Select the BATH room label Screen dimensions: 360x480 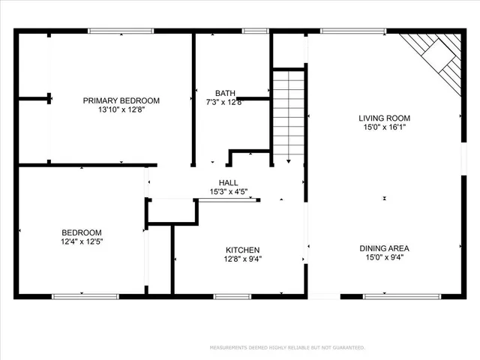225,94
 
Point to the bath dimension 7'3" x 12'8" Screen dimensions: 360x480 225,103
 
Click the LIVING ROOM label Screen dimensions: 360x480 384,118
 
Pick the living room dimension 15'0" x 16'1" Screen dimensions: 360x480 384,127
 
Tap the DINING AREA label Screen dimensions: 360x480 384,248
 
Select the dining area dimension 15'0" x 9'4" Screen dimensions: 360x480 384,257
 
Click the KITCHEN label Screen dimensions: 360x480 243,250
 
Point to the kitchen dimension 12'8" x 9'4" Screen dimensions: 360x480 243,259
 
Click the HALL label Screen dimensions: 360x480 228,182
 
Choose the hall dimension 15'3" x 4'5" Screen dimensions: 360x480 228,191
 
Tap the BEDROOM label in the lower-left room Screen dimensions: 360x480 82,232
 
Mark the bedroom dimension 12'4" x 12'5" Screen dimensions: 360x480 82,241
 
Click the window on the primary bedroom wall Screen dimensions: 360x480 111,31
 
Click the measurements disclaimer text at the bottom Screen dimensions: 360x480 288,347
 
